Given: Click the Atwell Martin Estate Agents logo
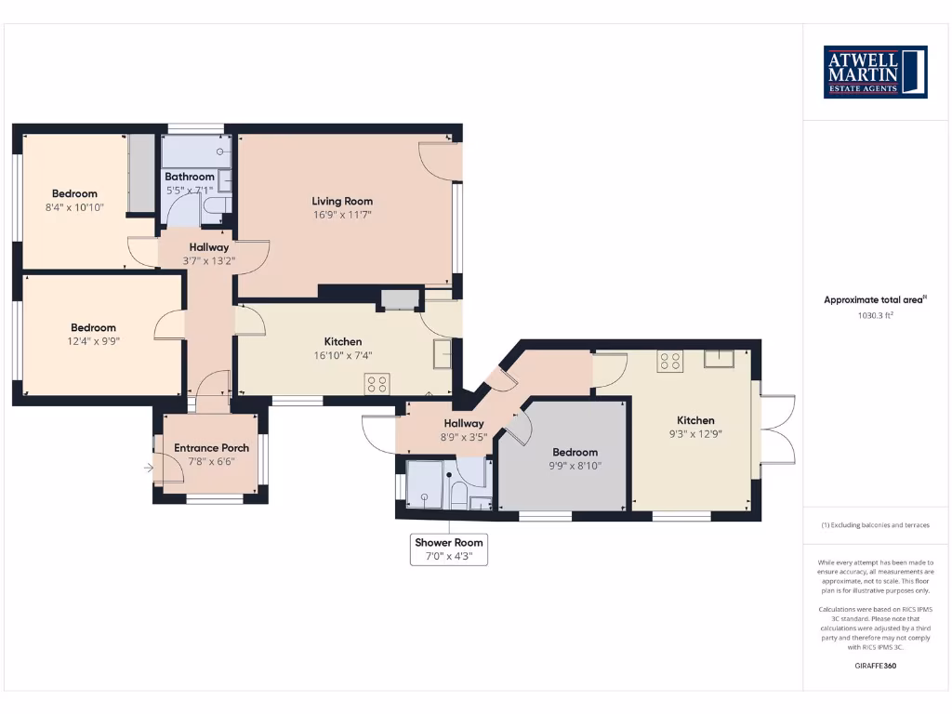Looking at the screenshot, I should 875,72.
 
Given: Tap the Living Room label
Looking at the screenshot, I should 342,201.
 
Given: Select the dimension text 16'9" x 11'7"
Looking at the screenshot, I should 342,216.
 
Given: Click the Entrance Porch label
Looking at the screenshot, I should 211,448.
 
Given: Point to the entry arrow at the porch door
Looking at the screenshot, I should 150,469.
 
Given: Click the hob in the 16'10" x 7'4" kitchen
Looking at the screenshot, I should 377,383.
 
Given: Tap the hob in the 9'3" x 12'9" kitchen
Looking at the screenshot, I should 670,361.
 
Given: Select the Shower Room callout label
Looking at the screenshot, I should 450,542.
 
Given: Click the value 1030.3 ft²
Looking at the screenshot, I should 875,315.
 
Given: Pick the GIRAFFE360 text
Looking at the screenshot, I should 875,666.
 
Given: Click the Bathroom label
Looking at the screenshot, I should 190,177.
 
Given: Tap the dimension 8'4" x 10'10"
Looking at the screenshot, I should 74,207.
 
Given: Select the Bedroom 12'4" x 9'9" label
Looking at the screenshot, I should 94,327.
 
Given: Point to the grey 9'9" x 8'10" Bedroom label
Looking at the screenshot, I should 575,453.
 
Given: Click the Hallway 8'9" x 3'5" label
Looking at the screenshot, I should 463,424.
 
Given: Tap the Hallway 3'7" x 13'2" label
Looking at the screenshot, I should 209,247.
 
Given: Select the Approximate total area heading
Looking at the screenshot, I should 875,299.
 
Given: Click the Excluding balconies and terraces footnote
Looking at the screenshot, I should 875,525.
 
